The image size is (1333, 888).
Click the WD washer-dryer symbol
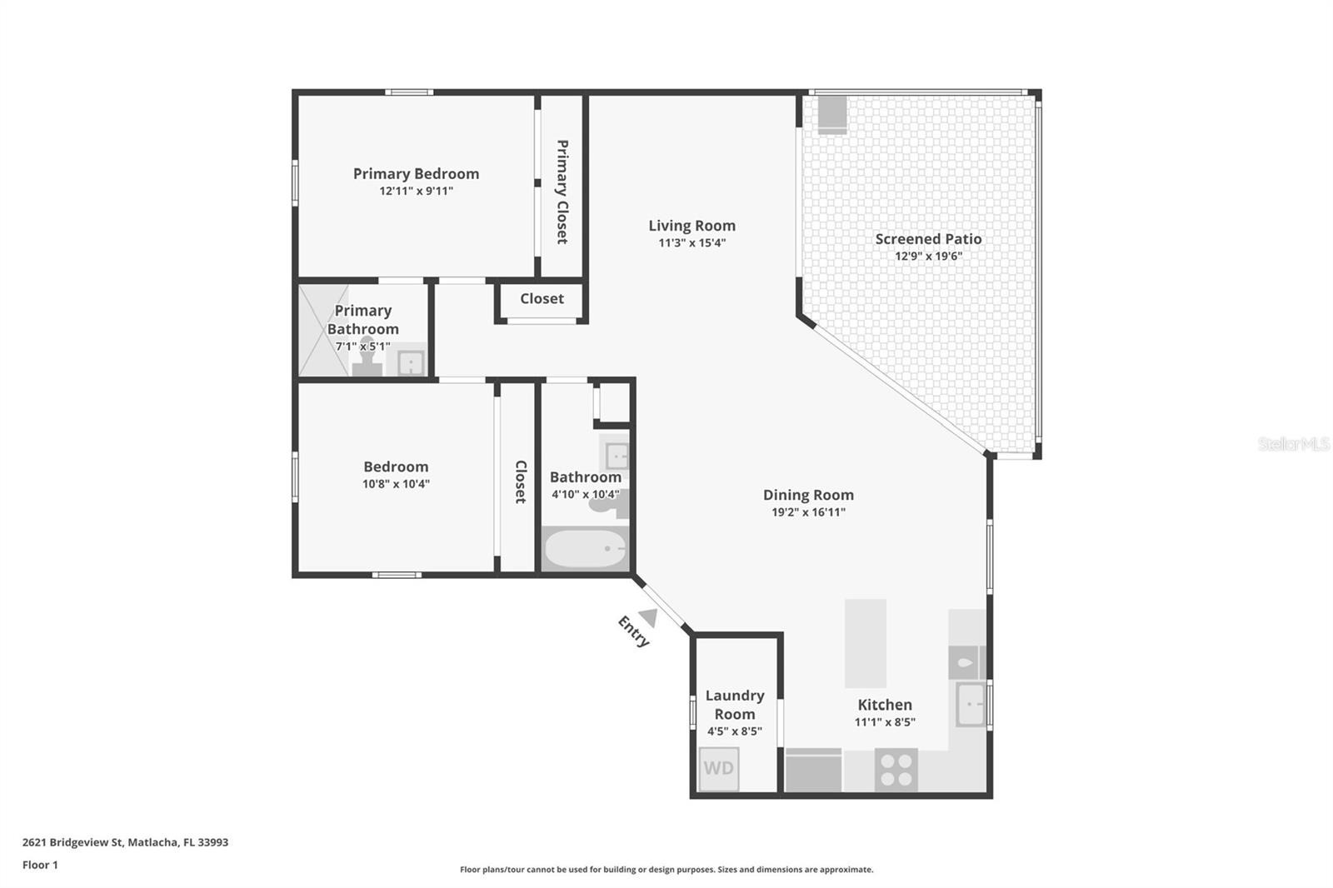pyautogui.click(x=718, y=768)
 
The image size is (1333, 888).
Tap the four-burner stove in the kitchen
pyautogui.click(x=896, y=771)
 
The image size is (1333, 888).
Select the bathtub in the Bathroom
pyautogui.click(x=585, y=549)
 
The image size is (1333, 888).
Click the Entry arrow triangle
pyautogui.click(x=648, y=618)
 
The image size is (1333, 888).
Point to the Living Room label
pyautogui.click(x=691, y=226)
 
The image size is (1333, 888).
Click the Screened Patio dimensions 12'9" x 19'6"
pyautogui.click(x=928, y=256)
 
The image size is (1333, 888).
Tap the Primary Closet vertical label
pyautogui.click(x=562, y=192)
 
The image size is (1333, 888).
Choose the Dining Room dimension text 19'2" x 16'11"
pyautogui.click(x=808, y=511)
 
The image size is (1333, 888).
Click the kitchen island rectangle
pyautogui.click(x=866, y=643)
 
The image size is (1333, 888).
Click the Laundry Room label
pyautogui.click(x=734, y=705)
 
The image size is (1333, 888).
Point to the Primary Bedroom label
pyautogui.click(x=416, y=174)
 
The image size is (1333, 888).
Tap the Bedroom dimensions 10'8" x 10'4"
pyautogui.click(x=396, y=484)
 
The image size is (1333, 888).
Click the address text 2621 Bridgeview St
pyautogui.click(x=72, y=842)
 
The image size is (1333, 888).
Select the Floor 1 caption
pyautogui.click(x=40, y=865)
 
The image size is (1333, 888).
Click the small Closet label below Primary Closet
pyautogui.click(x=542, y=298)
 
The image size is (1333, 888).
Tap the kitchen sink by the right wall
pyautogui.click(x=971, y=705)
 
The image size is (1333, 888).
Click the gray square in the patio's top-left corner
pyautogui.click(x=832, y=114)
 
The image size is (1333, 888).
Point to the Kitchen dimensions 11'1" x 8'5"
pyautogui.click(x=885, y=722)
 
